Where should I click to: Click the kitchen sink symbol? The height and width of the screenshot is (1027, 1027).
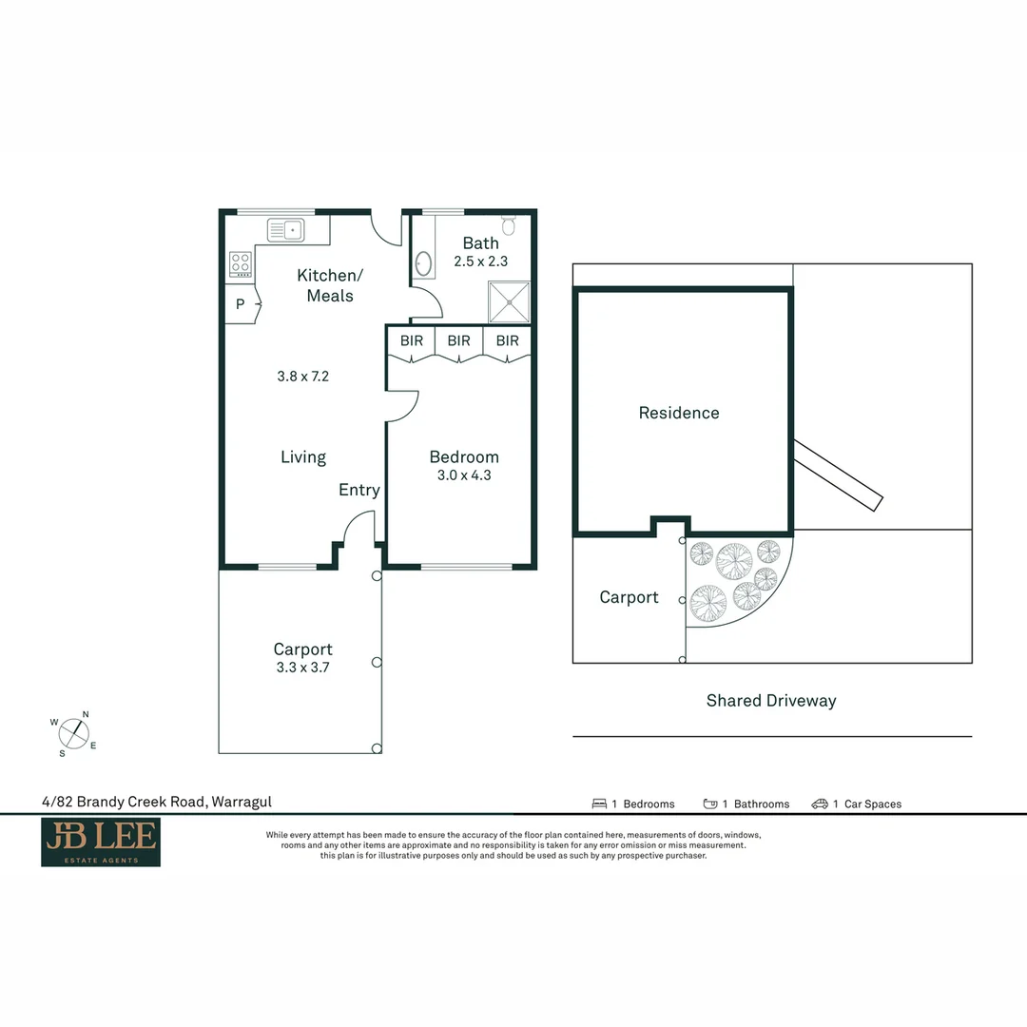click(x=285, y=229)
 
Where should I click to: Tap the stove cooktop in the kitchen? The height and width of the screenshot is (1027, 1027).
click(x=241, y=263)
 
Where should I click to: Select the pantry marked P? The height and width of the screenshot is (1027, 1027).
click(x=240, y=305)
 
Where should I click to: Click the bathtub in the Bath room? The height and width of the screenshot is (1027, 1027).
click(x=423, y=263)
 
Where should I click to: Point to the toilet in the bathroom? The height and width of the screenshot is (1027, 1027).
click(x=509, y=225)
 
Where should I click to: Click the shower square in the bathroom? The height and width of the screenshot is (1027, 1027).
click(x=509, y=302)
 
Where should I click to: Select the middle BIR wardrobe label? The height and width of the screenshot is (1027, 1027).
click(x=458, y=340)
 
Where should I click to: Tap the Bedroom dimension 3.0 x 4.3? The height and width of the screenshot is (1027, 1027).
click(x=464, y=475)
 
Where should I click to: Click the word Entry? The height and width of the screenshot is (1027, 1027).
click(x=359, y=490)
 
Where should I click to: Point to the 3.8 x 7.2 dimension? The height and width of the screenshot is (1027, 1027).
click(x=303, y=376)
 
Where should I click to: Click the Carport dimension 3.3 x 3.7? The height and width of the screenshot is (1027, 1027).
click(x=303, y=668)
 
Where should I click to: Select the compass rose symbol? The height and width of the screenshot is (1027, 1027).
click(x=75, y=733)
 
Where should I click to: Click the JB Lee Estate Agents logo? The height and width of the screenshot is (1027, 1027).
click(x=101, y=843)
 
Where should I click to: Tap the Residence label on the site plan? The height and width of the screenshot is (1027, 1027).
click(x=679, y=413)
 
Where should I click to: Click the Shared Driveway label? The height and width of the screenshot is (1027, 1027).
click(x=771, y=701)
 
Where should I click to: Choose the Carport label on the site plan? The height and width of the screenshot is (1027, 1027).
click(x=629, y=597)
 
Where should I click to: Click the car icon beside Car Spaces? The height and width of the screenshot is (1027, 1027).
click(x=820, y=804)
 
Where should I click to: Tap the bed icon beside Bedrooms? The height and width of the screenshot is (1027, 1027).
click(x=599, y=804)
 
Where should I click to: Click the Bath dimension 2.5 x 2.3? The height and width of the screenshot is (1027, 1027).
click(x=480, y=262)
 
